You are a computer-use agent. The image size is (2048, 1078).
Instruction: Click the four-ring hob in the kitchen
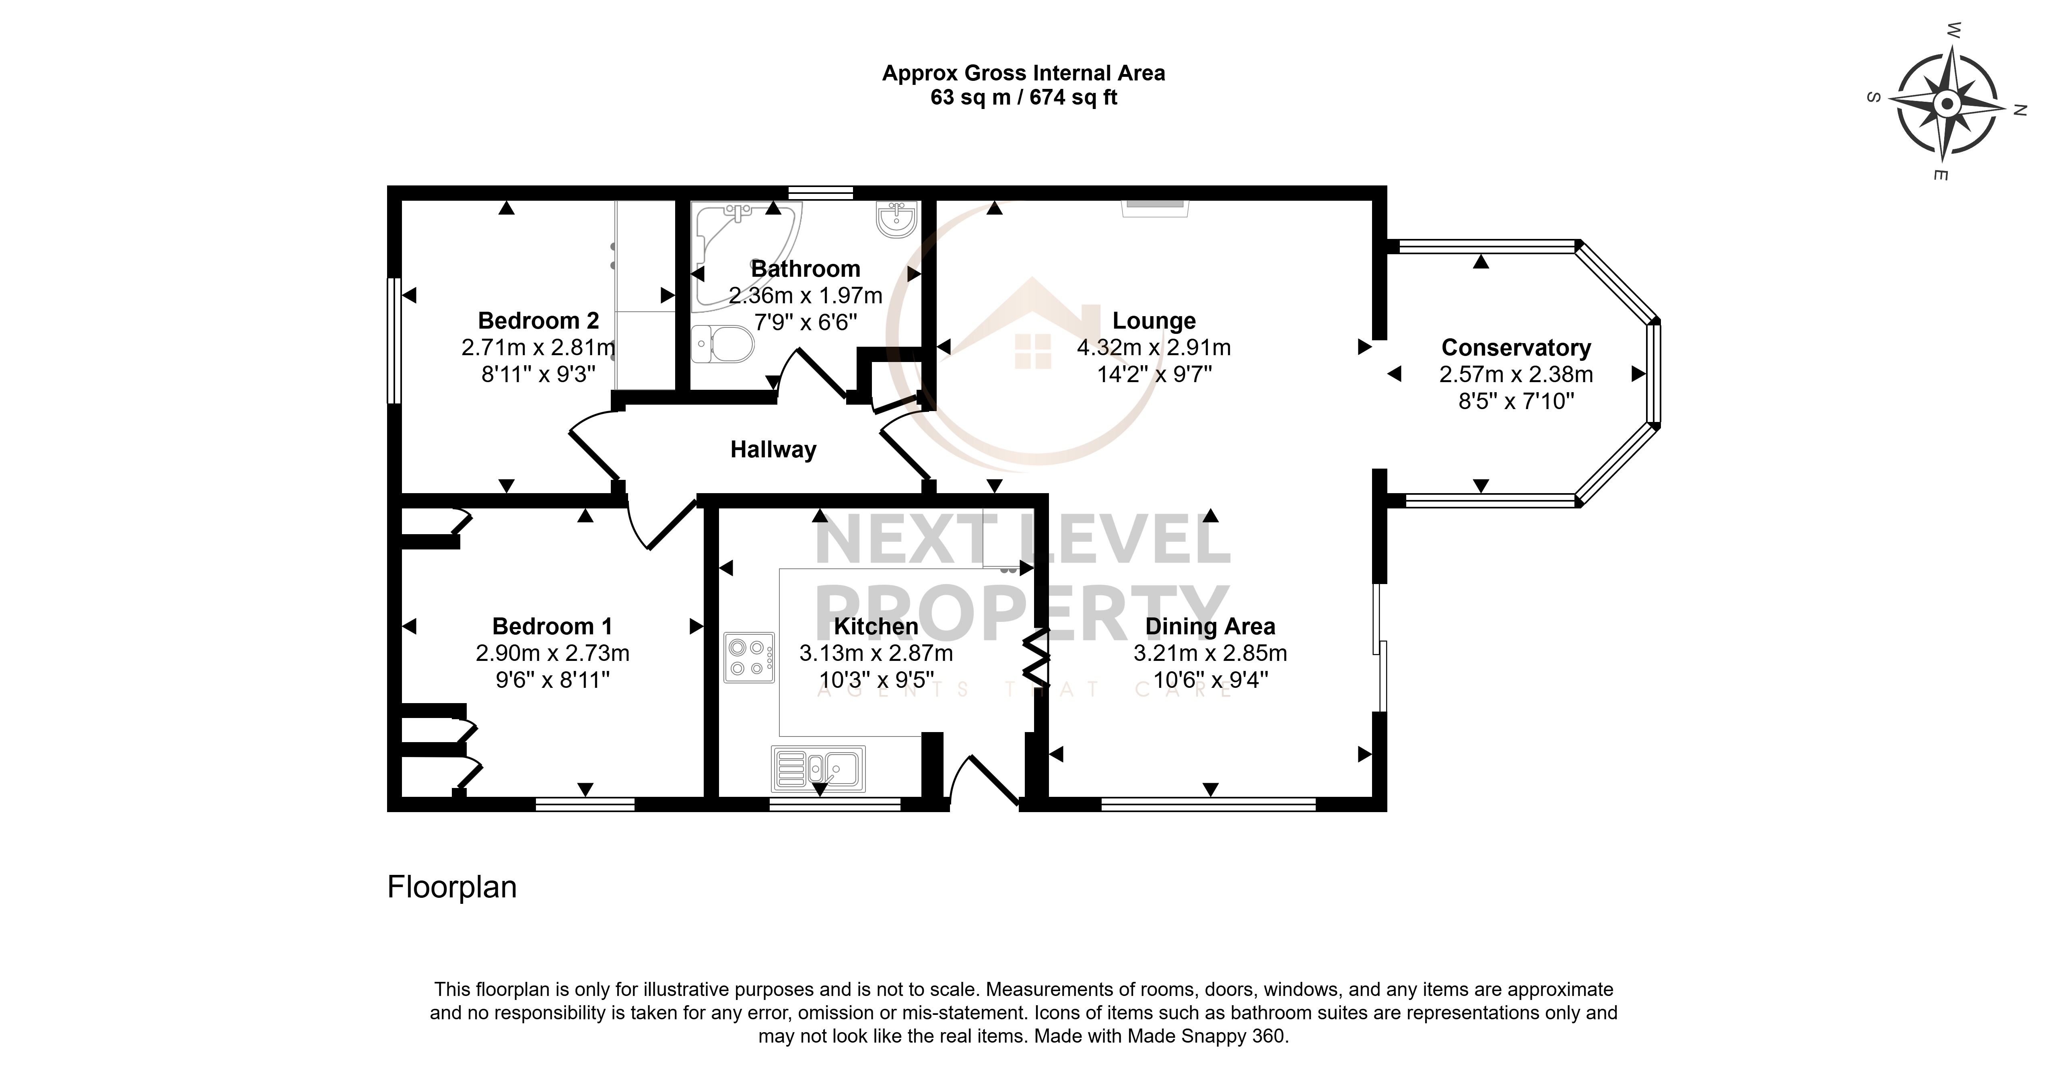[x=749, y=657]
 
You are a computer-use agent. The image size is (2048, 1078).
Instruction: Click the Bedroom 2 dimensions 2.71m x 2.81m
[x=538, y=348]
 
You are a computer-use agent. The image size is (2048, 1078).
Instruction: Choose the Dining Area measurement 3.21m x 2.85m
[x=1210, y=654]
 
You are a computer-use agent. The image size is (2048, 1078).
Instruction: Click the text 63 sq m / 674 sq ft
[x=1024, y=98]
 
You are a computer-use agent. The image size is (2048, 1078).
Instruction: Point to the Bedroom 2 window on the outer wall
[x=393, y=340]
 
